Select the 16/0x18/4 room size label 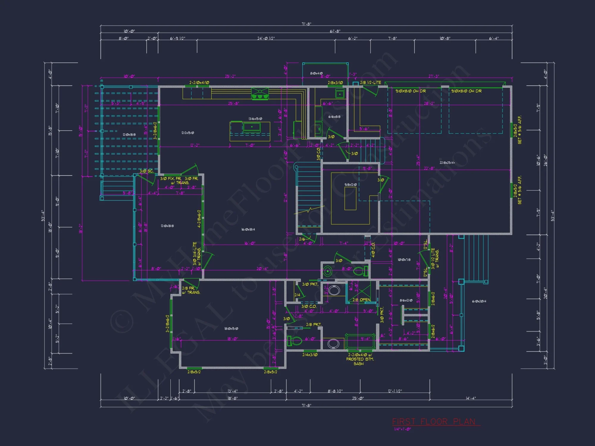point(248,230)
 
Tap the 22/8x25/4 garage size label point(447,163)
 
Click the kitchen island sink point(252,127)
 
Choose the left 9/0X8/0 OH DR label point(411,91)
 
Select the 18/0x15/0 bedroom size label point(231,329)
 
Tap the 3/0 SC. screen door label point(146,171)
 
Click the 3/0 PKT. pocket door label point(310,284)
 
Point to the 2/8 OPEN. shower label point(361,300)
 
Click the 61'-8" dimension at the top point(335,31)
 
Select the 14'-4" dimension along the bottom point(471,398)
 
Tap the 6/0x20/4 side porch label point(479,301)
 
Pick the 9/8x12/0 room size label point(350,185)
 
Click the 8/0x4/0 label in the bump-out point(316,73)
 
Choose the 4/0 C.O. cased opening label point(373,250)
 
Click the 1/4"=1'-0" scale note point(402,429)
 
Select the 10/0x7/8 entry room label point(404,260)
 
